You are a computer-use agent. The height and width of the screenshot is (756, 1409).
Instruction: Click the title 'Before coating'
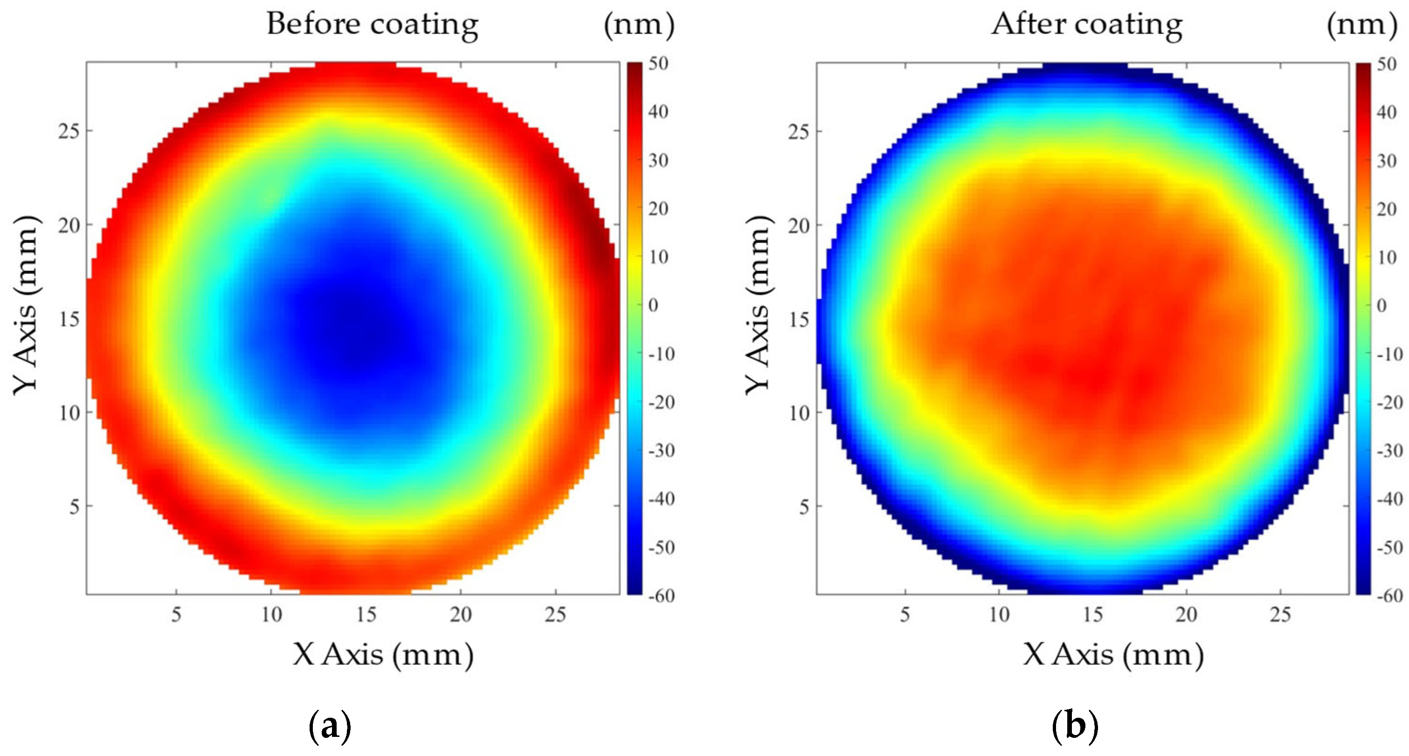click(x=373, y=25)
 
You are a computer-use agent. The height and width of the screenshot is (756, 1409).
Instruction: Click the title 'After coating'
click(x=1087, y=25)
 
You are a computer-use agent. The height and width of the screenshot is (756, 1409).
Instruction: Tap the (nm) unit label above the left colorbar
click(x=639, y=25)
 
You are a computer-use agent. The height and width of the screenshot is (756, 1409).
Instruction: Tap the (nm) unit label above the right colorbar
click(x=1362, y=25)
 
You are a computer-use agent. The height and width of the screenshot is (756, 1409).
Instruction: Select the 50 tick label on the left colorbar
click(x=658, y=63)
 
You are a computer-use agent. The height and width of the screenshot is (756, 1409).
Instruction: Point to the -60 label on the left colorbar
click(x=661, y=596)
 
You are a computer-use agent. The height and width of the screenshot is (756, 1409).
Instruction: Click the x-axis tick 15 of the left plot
click(x=366, y=615)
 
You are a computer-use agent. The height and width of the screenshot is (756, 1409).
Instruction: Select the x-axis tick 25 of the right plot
click(x=1280, y=615)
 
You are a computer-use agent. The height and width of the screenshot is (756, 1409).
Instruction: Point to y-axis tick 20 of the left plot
click(x=69, y=225)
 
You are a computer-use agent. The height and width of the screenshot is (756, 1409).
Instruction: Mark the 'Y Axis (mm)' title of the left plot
click(x=26, y=304)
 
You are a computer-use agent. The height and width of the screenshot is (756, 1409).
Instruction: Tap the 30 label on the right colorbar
click(x=1387, y=161)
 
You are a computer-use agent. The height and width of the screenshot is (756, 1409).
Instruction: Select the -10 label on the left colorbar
click(x=661, y=354)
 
